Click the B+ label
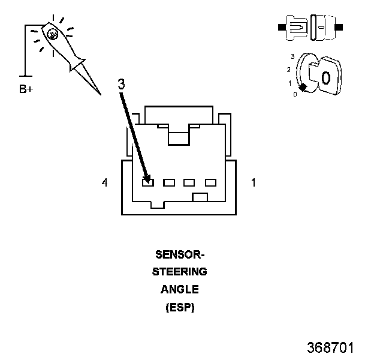(26, 89)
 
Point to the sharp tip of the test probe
(101, 94)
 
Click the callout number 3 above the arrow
(122, 84)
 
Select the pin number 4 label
(104, 182)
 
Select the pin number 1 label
(254, 182)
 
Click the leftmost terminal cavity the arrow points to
(148, 182)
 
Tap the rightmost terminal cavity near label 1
(210, 182)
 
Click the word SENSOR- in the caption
(180, 254)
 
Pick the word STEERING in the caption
(180, 272)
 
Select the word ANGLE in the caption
(180, 289)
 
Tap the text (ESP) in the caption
(180, 307)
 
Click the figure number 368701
(330, 347)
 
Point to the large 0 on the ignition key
(326, 77)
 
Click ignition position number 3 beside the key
(292, 56)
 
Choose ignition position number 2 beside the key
(289, 70)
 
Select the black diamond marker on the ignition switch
(303, 88)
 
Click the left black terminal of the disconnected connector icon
(282, 27)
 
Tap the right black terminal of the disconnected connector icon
(339, 27)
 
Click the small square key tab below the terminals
(200, 197)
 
